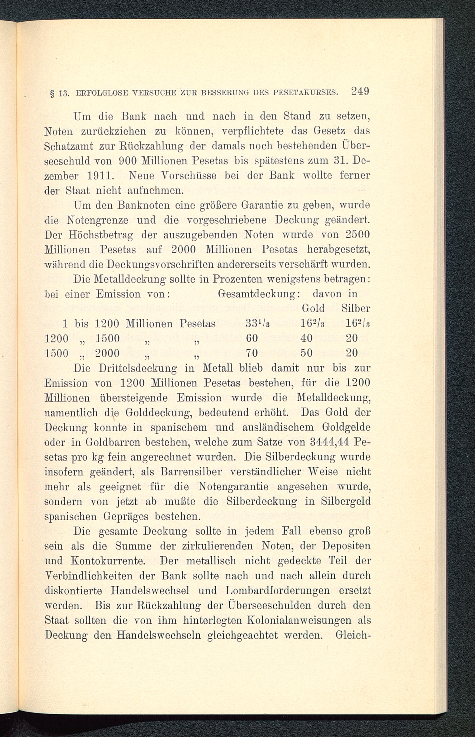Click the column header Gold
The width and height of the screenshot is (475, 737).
coord(313,308)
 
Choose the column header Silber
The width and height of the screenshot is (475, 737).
coord(356,308)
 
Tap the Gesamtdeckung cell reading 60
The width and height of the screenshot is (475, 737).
coord(252,338)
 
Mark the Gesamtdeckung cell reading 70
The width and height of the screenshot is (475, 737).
coord(252,353)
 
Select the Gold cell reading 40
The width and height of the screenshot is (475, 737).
coord(306,338)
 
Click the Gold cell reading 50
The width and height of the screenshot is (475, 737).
coord(306,353)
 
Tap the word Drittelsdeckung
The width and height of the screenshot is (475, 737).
coord(138,368)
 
